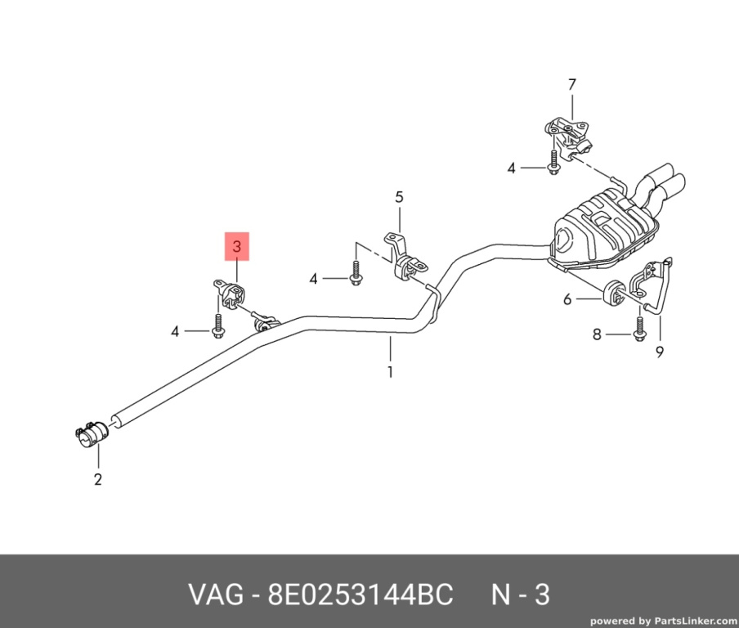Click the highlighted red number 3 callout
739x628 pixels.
236,246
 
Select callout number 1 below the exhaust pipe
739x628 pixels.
390,372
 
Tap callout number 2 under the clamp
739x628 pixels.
97,479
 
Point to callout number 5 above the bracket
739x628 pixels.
399,197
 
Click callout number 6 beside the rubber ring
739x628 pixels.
567,299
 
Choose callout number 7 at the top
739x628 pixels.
572,85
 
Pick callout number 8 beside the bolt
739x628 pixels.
597,334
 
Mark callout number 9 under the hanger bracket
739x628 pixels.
660,352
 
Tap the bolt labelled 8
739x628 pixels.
639,329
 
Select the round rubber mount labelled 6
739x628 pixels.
613,292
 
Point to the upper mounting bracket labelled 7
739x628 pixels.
568,137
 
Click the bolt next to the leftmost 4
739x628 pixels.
217,325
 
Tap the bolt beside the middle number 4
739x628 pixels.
356,273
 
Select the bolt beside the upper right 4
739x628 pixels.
553,162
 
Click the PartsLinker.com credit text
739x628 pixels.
663,621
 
